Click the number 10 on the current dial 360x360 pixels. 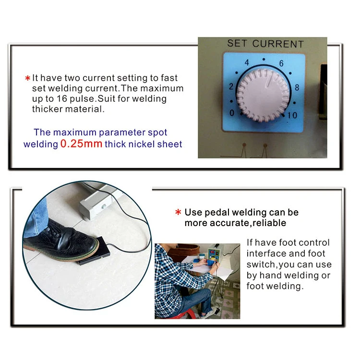coord(292,115)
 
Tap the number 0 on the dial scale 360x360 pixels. coord(232,113)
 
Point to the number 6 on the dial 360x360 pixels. coord(281,63)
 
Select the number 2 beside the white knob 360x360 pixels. coord(231,86)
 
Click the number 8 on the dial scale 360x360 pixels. coord(297,87)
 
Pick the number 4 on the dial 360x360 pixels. coord(247,62)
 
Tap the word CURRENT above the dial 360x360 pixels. coord(278,44)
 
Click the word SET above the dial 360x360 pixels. coord(237,43)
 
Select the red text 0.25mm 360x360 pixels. coord(81,144)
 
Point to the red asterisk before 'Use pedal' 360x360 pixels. coord(178,212)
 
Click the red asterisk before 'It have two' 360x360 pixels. coord(27,78)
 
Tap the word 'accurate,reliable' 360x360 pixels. coord(248,223)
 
